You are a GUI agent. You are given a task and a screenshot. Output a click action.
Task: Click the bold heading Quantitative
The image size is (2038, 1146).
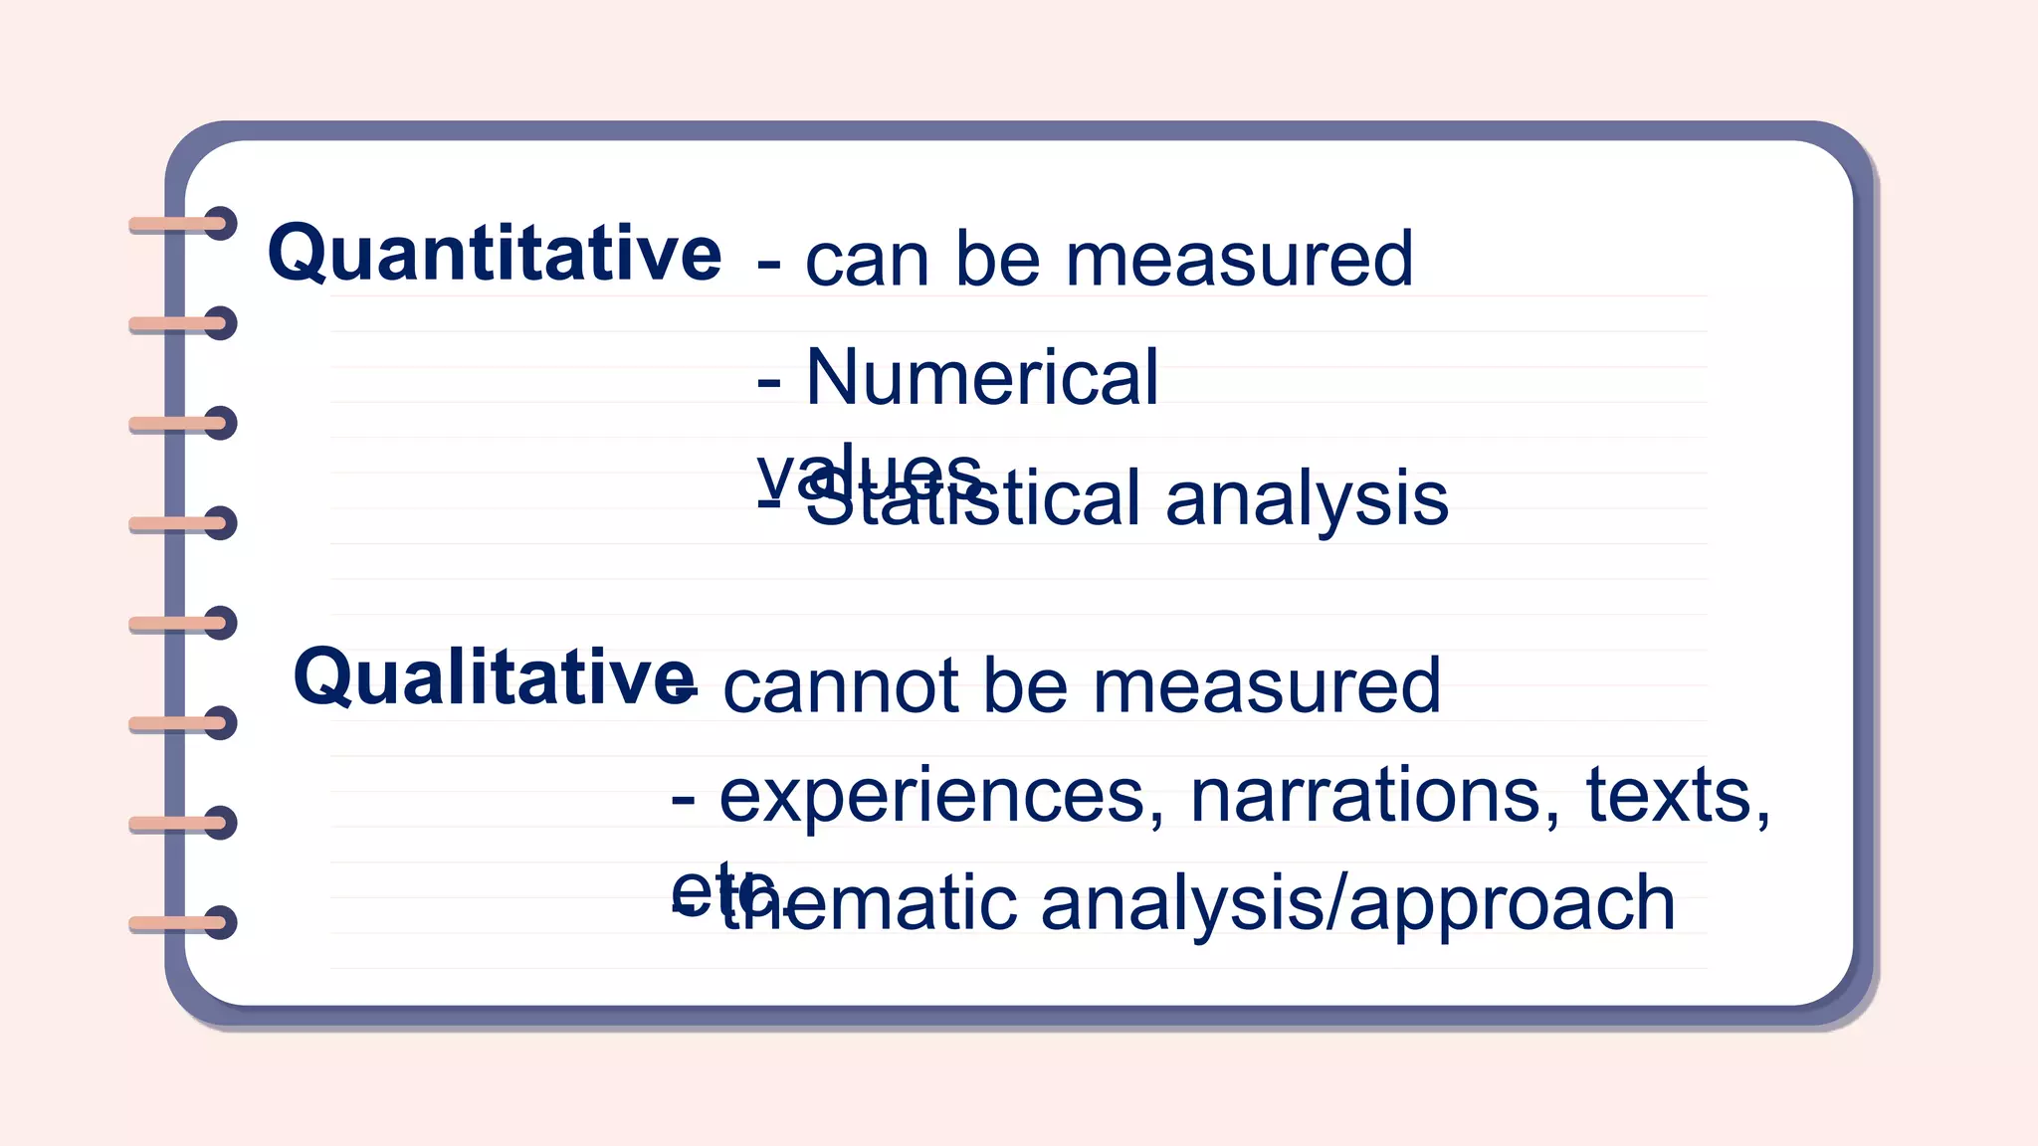[494, 254]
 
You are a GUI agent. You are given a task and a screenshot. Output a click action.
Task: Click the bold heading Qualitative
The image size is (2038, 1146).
[494, 678]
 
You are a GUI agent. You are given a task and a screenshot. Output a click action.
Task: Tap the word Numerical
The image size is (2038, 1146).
[982, 378]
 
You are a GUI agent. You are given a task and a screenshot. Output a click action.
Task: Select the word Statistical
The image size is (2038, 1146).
[973, 499]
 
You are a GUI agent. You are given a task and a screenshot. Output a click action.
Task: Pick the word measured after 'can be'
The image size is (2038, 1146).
[1239, 259]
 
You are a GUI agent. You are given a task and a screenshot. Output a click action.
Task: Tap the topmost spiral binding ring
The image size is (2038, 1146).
[183, 225]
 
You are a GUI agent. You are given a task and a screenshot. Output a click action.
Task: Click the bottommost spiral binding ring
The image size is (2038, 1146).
[183, 923]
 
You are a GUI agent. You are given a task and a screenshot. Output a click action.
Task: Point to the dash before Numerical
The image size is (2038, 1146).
[768, 382]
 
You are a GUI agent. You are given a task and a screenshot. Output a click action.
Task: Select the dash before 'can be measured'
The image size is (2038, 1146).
[768, 265]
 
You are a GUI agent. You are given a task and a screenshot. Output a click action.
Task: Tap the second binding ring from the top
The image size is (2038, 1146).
[183, 324]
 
